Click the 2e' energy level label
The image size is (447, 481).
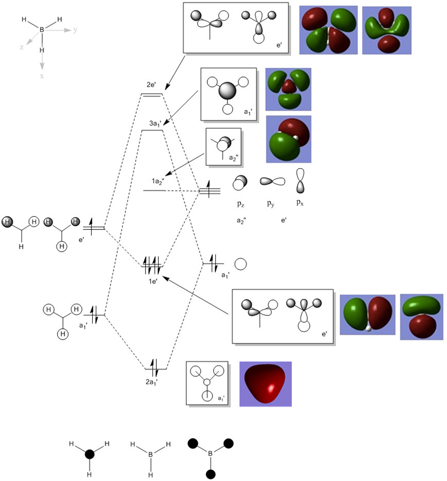pyautogui.click(x=151, y=85)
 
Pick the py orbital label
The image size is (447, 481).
pyautogui.click(x=271, y=204)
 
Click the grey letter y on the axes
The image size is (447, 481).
pyautogui.click(x=75, y=30)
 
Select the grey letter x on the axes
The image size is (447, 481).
pyautogui.click(x=42, y=75)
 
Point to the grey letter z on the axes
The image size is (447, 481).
pyautogui.click(x=21, y=47)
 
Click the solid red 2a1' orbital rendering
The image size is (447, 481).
pyautogui.click(x=265, y=384)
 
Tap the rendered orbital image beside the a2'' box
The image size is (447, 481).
pyautogui.click(x=288, y=140)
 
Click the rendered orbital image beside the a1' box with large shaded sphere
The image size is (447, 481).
pyautogui.click(x=288, y=89)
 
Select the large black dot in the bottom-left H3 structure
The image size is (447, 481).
pyautogui.click(x=89, y=454)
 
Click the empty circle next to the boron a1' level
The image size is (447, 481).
pyautogui.click(x=241, y=264)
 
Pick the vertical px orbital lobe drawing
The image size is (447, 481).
pyautogui.click(x=300, y=181)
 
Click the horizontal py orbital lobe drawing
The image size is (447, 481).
pyautogui.click(x=272, y=181)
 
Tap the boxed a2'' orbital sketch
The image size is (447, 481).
pyautogui.click(x=223, y=147)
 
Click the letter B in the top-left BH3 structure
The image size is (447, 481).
pyautogui.click(x=42, y=29)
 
